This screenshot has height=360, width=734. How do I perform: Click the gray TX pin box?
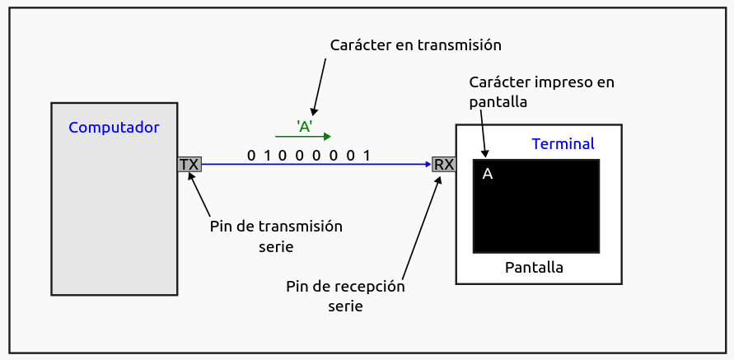[189, 164]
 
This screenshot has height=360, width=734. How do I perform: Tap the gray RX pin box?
[444, 164]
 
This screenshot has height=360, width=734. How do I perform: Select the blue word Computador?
[114, 128]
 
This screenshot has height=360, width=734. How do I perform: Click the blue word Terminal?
[563, 143]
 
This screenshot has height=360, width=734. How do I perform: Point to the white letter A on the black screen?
[487, 174]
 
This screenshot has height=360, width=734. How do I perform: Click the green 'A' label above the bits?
[304, 126]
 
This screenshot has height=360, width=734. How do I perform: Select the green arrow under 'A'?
[303, 137]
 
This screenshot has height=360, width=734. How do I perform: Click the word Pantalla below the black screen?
[534, 268]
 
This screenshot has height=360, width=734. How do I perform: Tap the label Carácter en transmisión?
[415, 44]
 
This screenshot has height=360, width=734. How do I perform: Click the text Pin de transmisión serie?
[277, 236]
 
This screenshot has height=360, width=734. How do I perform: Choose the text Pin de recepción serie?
[346, 296]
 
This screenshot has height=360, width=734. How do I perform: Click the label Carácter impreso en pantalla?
[540, 91]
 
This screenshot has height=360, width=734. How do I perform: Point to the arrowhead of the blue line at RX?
[428, 164]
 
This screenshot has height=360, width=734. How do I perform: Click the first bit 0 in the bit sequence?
[252, 155]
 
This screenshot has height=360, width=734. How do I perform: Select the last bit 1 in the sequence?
[367, 155]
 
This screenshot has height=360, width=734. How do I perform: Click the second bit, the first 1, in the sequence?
[269, 155]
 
